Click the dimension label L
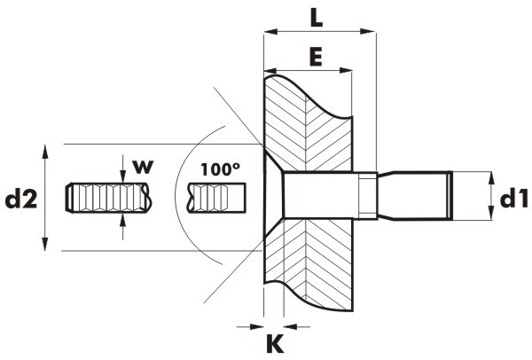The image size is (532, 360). pyautogui.click(x=317, y=18)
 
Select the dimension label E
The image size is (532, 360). pyautogui.click(x=316, y=57)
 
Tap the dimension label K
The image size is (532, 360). pyautogui.click(x=275, y=343)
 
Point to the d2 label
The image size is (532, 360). pyautogui.click(x=20, y=200)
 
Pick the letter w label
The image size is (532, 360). pyautogui.click(x=143, y=167)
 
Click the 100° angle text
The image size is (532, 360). pyautogui.click(x=220, y=169)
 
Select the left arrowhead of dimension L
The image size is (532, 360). pyautogui.click(x=270, y=32)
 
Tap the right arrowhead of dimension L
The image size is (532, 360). pyautogui.click(x=367, y=32)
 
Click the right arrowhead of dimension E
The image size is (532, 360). pyautogui.click(x=346, y=71)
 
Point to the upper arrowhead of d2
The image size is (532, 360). pyautogui.click(x=45, y=152)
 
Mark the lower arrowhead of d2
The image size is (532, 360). pyautogui.click(x=45, y=244)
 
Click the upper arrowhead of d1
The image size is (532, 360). pyautogui.click(x=491, y=178)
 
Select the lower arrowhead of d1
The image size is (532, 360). pyautogui.click(x=491, y=214)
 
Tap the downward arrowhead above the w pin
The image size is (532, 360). pyautogui.click(x=123, y=176)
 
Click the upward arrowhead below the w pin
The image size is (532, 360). pyautogui.click(x=123, y=221)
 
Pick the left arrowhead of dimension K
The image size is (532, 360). pyautogui.click(x=257, y=326)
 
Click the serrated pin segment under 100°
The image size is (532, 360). pyautogui.click(x=217, y=198)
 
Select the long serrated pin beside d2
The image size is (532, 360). pyautogui.click(x=107, y=198)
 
